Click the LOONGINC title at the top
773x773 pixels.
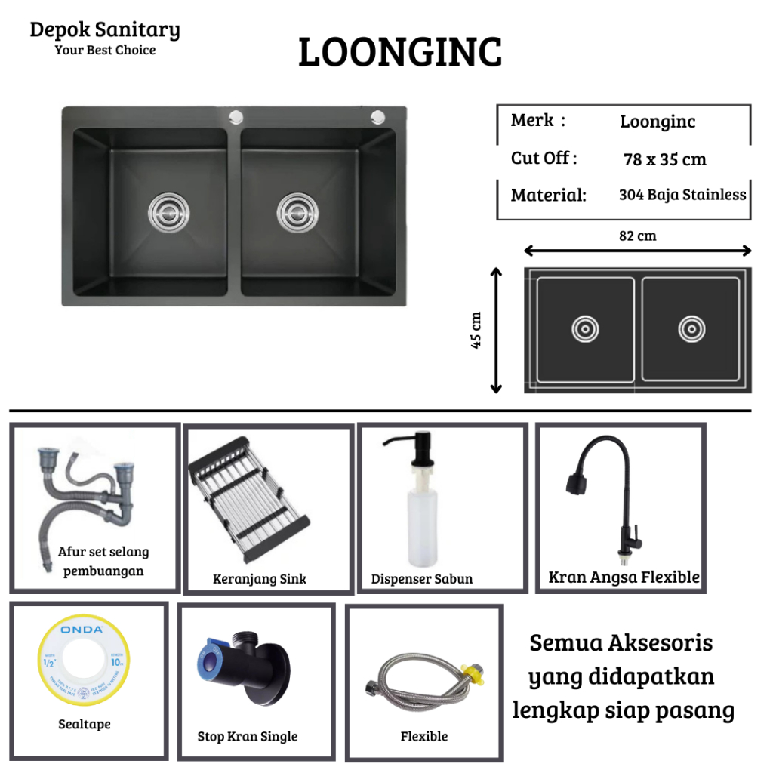click(400, 54)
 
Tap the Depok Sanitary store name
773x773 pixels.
click(105, 30)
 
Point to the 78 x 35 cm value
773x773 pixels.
click(665, 159)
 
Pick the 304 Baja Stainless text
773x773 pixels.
click(682, 194)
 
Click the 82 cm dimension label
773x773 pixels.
click(638, 236)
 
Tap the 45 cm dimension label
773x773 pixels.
click(476, 331)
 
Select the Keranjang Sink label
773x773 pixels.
click(260, 579)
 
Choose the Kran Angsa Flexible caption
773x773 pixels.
click(624, 577)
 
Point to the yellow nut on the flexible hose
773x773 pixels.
click(474, 670)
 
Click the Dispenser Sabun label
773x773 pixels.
click(422, 579)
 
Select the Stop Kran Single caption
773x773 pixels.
click(248, 736)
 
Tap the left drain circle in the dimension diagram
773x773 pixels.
click(585, 330)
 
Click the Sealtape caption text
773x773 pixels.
click(85, 724)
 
